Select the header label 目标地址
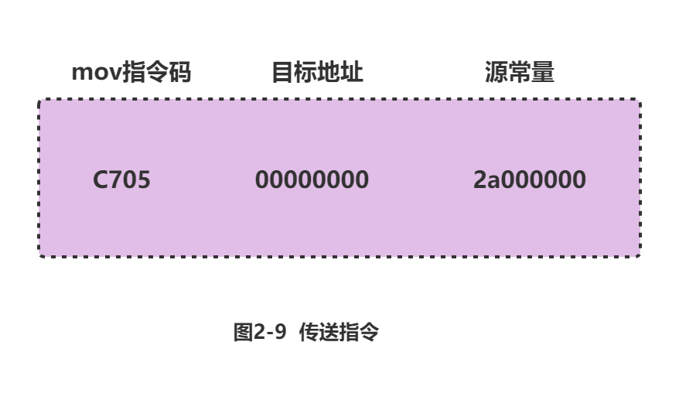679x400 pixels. (317, 73)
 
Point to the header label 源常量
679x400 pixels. (519, 73)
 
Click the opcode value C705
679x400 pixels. (121, 180)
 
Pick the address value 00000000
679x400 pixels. (312, 180)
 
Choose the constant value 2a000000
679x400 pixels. (529, 180)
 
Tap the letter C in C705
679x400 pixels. (101, 180)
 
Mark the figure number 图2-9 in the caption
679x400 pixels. (260, 333)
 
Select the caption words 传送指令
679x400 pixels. (338, 333)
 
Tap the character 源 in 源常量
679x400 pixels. (496, 73)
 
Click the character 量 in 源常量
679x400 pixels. (543, 73)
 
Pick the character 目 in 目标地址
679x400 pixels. (283, 73)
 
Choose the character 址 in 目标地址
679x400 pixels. (352, 73)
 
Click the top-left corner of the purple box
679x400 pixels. (40, 101)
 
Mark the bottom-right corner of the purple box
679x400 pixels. (639, 255)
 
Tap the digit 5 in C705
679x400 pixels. (143, 180)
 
